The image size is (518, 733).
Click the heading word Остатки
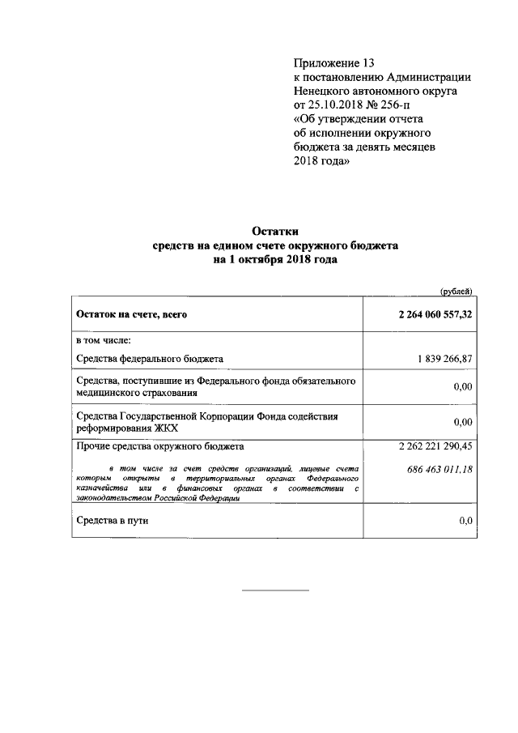click(275, 230)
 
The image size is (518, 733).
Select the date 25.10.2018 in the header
click(335, 104)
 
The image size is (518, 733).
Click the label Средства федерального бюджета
click(150, 358)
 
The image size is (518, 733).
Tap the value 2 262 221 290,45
click(435, 446)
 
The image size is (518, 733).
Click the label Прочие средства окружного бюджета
click(159, 446)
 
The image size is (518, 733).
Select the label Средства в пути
click(113, 521)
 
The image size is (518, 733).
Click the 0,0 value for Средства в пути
click(465, 521)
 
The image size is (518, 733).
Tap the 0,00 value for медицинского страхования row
click(462, 387)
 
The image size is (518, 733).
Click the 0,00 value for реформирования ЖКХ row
click(462, 422)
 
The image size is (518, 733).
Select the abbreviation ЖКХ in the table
click(164, 428)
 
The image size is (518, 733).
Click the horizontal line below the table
click(276, 590)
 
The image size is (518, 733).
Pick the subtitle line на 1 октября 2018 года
click(275, 260)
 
